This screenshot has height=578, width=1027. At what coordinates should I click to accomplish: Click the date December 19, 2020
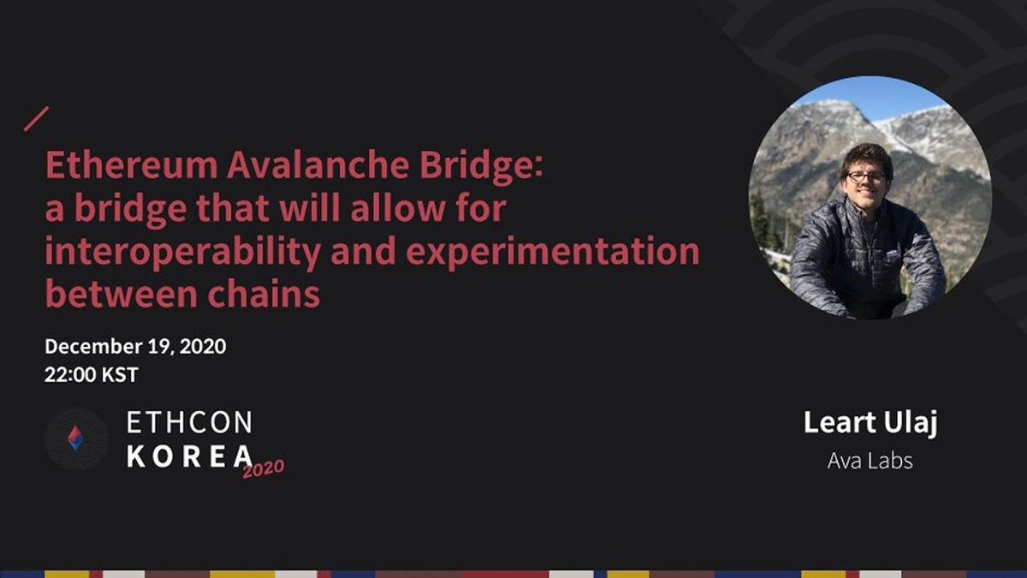tap(135, 347)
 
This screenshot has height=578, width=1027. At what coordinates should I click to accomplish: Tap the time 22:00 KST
tap(92, 374)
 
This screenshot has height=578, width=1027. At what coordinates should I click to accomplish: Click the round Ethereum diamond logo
tap(76, 438)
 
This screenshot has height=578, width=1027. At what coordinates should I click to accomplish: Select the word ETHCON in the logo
tap(189, 423)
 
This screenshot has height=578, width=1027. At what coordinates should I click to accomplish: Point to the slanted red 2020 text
tap(263, 468)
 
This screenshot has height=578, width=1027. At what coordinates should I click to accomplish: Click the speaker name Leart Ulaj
tap(870, 423)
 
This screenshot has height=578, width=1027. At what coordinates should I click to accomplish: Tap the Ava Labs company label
tap(870, 461)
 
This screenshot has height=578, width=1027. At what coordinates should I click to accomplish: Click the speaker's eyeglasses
tap(866, 178)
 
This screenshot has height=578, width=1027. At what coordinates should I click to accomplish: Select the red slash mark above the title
tap(37, 119)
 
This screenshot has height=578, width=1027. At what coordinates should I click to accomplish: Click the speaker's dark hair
tap(866, 157)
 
